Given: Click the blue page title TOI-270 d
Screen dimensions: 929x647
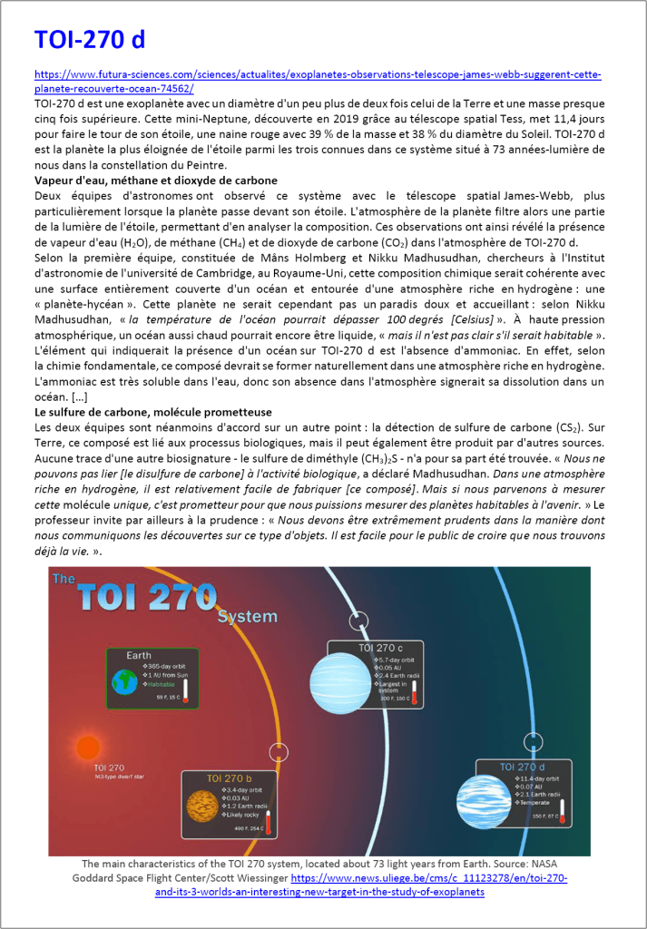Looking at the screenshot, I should click(x=90, y=40).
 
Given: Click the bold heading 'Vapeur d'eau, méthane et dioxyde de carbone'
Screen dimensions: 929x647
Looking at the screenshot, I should click(x=155, y=181).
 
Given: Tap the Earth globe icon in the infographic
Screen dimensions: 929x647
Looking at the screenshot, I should click(x=122, y=681).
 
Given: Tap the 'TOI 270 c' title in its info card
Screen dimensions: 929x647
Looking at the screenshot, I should click(x=380, y=648).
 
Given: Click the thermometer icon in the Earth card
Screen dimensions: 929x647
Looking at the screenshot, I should click(x=185, y=689).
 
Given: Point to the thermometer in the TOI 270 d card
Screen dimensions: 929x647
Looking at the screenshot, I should click(x=563, y=811).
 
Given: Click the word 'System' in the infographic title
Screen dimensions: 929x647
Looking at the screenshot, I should click(x=247, y=617).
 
